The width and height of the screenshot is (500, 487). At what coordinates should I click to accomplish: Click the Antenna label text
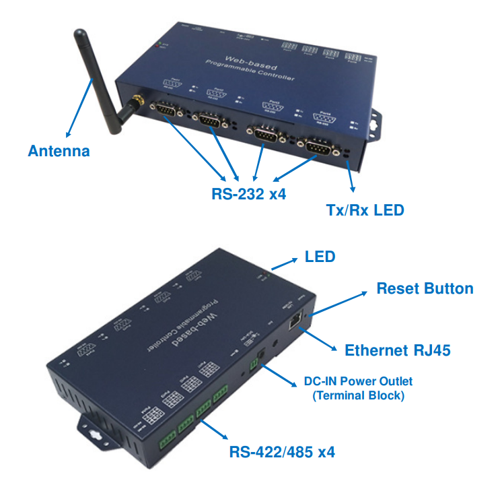(x=59, y=151)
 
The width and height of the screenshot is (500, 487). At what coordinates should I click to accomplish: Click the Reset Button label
(x=425, y=289)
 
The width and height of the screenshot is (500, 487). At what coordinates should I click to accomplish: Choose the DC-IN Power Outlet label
(x=358, y=382)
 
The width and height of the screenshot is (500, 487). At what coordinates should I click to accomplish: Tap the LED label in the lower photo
(x=320, y=256)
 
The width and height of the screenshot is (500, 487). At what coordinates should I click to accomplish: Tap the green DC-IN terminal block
(x=255, y=364)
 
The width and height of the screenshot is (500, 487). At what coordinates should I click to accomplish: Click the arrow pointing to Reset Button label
(x=339, y=302)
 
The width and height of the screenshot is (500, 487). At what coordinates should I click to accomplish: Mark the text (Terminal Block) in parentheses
(x=358, y=395)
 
